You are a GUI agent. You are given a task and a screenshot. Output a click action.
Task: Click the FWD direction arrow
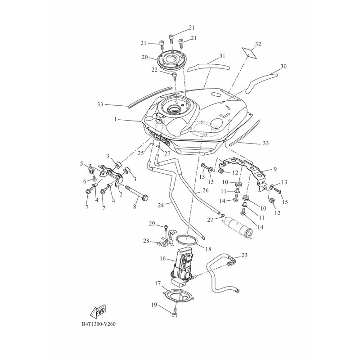[x=99, y=312]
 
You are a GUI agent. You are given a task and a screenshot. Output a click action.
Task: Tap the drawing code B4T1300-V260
[x=99, y=324]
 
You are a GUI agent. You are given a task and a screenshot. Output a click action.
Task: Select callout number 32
[x=258, y=44]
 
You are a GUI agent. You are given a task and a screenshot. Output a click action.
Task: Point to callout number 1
[x=116, y=119]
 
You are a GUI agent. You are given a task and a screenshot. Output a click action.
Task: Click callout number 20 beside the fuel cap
[x=144, y=57]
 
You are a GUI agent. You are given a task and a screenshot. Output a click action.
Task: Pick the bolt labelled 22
[x=175, y=76]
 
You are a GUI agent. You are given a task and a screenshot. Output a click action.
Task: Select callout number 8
[x=135, y=207]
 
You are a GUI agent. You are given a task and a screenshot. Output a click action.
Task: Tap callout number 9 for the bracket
[x=275, y=169]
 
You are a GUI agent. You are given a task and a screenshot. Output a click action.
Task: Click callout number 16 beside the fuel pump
[x=162, y=258]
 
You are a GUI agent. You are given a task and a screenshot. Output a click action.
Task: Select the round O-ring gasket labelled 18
[x=186, y=239]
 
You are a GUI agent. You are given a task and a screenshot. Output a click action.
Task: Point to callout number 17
[x=157, y=283]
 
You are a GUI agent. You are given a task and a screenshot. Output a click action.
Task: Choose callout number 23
[x=244, y=255]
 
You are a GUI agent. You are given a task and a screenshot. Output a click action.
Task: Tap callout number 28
[x=146, y=241]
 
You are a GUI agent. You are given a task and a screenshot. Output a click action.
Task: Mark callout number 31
[x=222, y=56]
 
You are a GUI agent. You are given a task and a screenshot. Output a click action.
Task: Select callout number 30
[x=283, y=66]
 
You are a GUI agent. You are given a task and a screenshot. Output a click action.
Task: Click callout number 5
[x=81, y=164]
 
